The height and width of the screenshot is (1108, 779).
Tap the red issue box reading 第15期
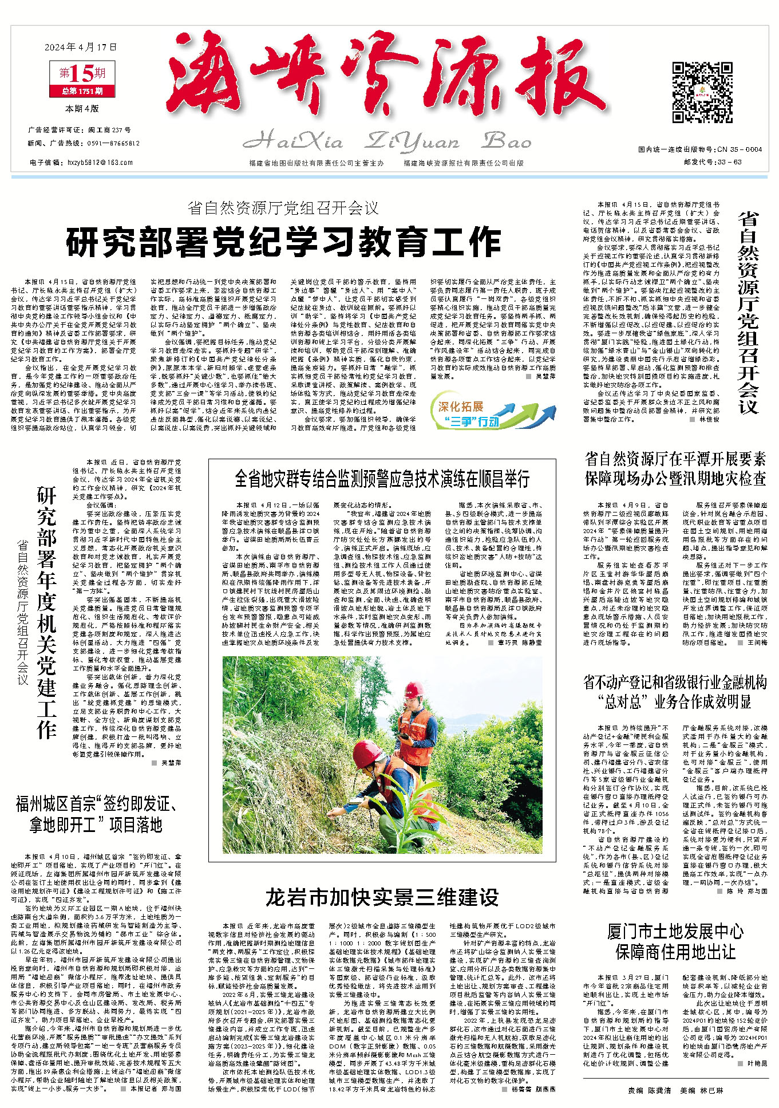pos(82,73)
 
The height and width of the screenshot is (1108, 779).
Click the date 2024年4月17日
pos(80,47)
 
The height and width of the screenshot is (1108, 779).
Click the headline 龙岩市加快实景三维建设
pos(382,897)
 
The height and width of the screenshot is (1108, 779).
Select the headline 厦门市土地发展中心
pos(675,932)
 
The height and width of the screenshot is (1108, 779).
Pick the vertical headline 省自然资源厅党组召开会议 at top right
pos(748,312)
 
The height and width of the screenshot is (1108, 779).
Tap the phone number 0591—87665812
pos(109,144)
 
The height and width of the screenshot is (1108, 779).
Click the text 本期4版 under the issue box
pos(82,108)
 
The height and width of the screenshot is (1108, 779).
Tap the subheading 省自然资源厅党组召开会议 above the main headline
pos(283,208)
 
